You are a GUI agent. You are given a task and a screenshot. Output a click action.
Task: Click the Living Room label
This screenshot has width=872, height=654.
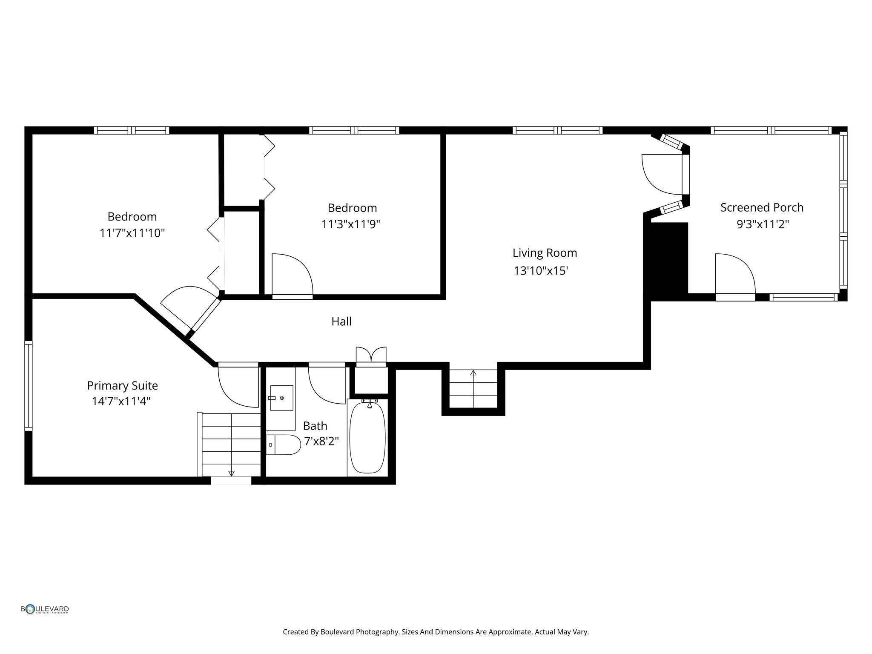[x=545, y=253]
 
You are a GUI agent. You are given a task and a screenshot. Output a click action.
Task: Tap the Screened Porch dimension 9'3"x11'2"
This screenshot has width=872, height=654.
[x=763, y=224]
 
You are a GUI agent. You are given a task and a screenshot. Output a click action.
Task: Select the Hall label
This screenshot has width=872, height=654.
[x=341, y=321]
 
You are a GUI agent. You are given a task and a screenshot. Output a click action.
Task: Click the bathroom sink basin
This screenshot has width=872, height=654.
[x=281, y=398]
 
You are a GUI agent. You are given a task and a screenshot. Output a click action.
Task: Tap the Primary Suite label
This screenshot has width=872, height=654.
[x=122, y=386]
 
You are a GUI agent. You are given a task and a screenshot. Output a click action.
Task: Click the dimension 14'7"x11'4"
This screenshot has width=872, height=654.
[x=121, y=402]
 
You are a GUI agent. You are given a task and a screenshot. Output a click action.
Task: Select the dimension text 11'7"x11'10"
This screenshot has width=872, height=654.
[x=132, y=233]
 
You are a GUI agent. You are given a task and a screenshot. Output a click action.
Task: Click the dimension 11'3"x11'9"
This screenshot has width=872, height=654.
[x=351, y=224]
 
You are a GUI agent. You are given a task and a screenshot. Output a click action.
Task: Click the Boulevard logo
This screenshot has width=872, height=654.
[x=45, y=609]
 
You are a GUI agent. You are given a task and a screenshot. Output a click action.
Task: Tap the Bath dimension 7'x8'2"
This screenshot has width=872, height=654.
[x=321, y=442]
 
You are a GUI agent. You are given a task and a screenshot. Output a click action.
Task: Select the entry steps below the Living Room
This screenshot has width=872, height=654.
[x=473, y=389]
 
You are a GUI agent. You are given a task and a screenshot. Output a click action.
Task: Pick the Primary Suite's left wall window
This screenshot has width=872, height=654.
[x=29, y=386]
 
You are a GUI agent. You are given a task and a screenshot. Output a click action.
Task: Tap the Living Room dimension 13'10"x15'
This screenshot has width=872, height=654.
[x=541, y=271]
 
